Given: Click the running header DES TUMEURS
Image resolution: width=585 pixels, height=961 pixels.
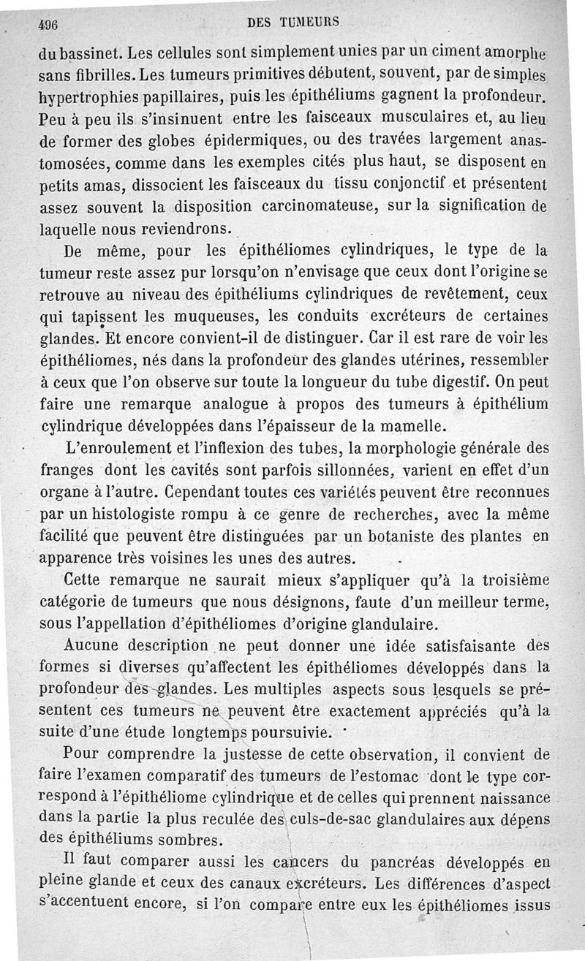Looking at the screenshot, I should tap(293, 22).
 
